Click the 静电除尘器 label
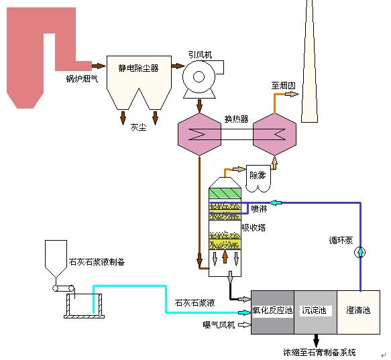click(x=138, y=68)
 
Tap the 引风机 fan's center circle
click(x=199, y=77)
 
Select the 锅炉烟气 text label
click(x=82, y=79)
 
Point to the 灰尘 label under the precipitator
click(x=138, y=127)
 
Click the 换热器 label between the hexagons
click(x=236, y=119)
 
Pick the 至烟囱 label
click(x=283, y=86)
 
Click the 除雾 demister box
click(x=258, y=178)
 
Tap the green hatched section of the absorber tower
click(x=225, y=193)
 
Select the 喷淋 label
click(x=259, y=208)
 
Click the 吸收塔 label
click(x=254, y=227)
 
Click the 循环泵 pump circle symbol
click(x=360, y=252)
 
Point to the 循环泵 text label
click(x=341, y=240)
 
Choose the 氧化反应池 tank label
click(x=272, y=310)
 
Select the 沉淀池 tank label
click(x=314, y=310)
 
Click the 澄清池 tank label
click(x=358, y=310)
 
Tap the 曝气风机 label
click(x=219, y=324)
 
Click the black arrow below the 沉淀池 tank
click(x=316, y=341)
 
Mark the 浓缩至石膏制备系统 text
click(x=319, y=352)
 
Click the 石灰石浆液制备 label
click(x=97, y=261)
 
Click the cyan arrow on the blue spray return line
click(x=275, y=202)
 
